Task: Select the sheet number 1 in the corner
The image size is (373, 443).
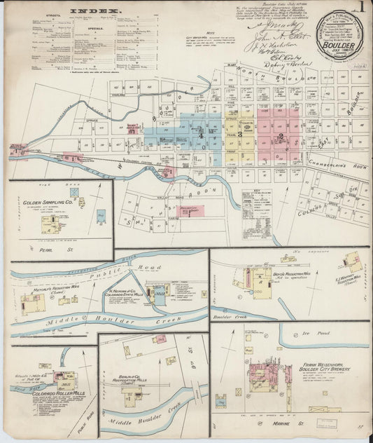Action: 362,8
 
